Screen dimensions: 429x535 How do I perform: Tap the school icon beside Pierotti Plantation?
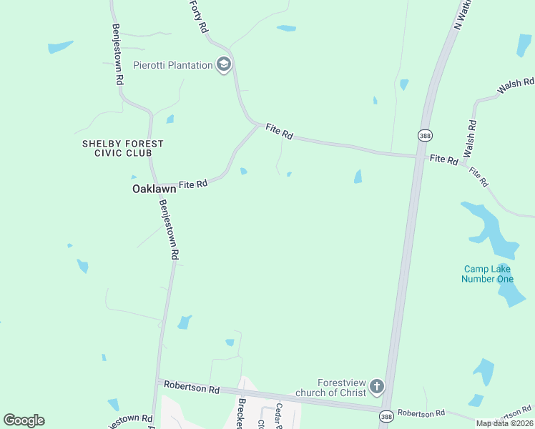coord(224,65)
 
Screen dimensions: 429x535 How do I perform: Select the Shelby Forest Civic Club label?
coord(122,148)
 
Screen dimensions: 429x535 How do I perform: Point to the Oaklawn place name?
coord(154,189)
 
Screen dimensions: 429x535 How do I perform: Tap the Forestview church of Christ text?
coord(342,388)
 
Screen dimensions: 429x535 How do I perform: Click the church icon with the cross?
coord(376,388)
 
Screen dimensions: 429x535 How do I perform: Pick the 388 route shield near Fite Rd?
coord(426,134)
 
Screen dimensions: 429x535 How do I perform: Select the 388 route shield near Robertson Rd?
coord(386,416)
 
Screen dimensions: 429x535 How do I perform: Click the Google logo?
coord(24,420)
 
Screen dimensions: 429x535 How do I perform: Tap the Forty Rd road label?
coord(199,16)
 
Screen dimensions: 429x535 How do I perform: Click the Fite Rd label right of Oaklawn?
coord(193,184)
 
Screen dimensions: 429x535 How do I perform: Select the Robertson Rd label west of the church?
coord(191,388)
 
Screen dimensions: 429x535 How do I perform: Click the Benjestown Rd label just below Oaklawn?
coord(169,228)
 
